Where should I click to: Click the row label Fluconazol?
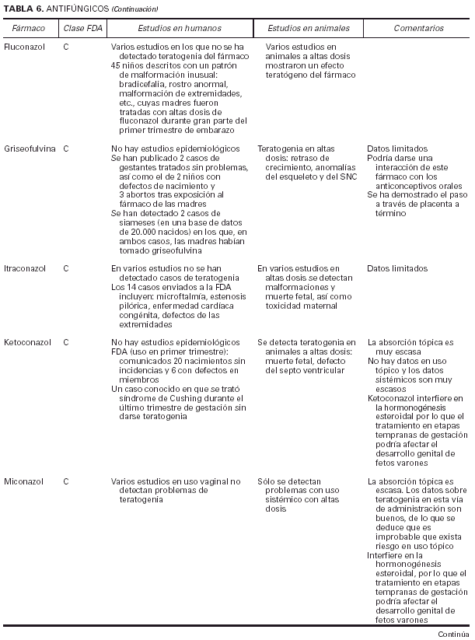23,47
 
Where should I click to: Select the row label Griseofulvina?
29,148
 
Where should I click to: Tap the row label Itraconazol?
25,268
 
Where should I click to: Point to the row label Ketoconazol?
26,341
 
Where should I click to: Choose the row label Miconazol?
23,481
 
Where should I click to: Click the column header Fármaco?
29,28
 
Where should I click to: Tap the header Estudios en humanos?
180,28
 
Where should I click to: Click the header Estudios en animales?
309,28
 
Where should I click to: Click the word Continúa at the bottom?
454,634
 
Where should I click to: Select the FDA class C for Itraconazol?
66,268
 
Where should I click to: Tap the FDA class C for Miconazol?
66,481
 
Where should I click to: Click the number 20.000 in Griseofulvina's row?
143,232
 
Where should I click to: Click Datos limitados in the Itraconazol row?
396,268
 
